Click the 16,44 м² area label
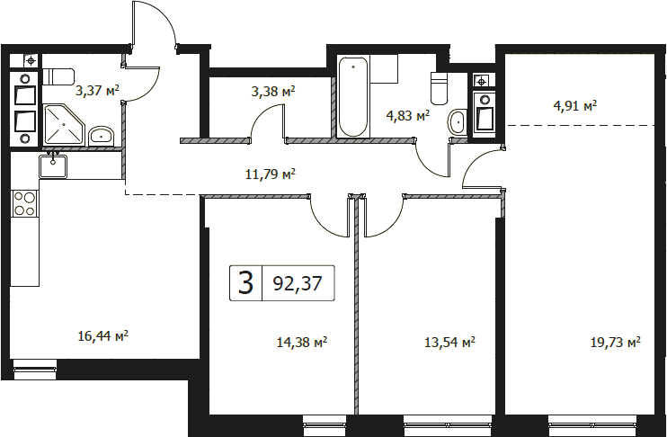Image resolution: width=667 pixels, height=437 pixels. [103, 336]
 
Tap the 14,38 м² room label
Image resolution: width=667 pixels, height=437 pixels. [302, 342]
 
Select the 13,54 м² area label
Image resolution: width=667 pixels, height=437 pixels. [450, 342]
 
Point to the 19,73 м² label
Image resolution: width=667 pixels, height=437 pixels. [616, 342]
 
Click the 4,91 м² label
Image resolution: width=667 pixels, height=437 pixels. [575, 105]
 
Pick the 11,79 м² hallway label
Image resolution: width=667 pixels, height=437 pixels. [271, 174]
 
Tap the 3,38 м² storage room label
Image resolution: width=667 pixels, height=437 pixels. [273, 91]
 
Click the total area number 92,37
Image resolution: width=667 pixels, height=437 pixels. [298, 283]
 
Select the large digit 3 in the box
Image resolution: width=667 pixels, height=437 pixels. [246, 283]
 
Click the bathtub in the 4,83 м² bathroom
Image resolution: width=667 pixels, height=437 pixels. [353, 97]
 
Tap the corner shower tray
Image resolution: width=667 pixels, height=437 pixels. [65, 125]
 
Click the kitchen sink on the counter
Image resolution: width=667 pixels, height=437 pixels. [53, 166]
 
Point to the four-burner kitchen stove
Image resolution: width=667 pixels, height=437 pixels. [24, 203]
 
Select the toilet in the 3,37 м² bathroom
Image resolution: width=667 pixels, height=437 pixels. [58, 76]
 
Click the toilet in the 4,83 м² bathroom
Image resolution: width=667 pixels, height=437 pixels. [440, 88]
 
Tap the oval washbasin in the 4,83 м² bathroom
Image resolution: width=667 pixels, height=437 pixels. [457, 121]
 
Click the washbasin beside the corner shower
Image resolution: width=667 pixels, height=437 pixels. [102, 136]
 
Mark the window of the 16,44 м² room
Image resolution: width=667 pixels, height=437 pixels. [35, 370]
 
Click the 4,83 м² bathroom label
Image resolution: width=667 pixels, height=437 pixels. [407, 115]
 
